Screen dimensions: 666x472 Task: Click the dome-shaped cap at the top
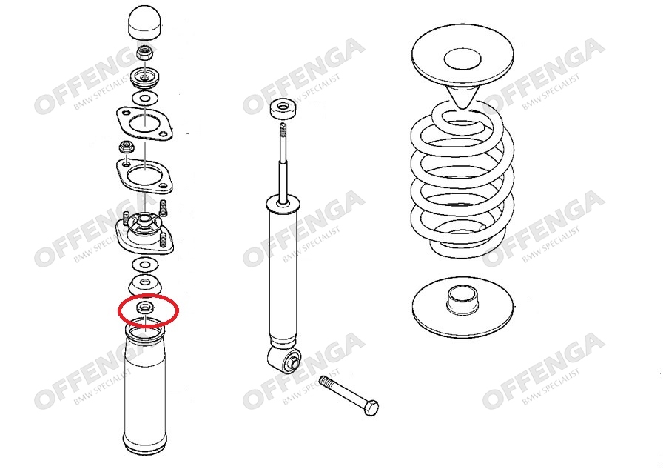pos(145,22)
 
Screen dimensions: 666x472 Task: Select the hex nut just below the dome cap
pos(144,53)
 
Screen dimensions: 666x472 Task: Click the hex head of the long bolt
pos(371,408)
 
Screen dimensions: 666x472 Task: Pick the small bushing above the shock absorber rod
pos(283,110)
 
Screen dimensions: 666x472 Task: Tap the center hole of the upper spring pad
pos(462,59)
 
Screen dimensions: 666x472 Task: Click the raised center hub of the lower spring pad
pos(463,300)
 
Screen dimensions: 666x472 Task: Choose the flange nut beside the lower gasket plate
pos(126,147)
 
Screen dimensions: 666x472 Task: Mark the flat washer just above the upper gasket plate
pos(145,99)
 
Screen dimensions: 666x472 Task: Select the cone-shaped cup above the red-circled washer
pos(145,285)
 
